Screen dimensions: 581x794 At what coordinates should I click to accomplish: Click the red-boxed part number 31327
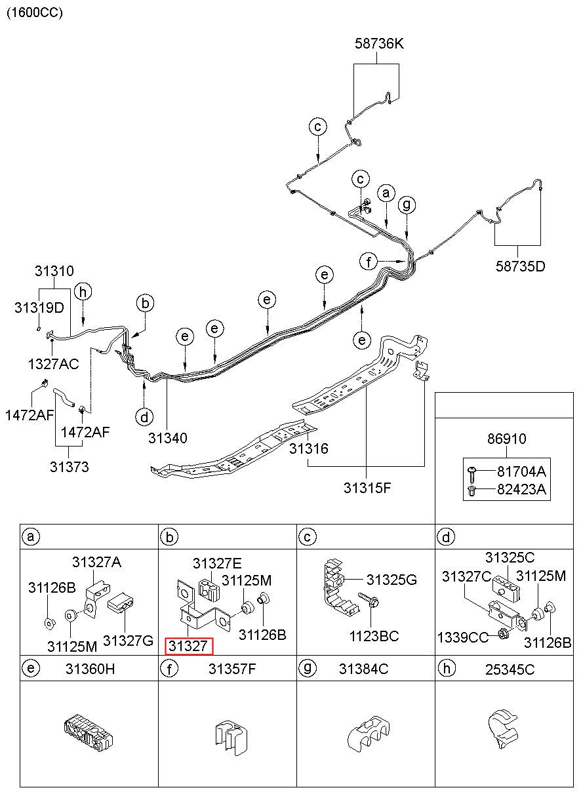188,646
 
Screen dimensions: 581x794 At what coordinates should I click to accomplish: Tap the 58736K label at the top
379,43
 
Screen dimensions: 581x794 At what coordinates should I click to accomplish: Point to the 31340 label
167,438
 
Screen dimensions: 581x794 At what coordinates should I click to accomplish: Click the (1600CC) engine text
35,12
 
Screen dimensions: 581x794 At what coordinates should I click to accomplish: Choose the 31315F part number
367,488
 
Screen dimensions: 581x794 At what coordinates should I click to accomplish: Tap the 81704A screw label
521,471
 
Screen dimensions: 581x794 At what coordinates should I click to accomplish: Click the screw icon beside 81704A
472,474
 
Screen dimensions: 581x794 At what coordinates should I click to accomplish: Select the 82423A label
521,489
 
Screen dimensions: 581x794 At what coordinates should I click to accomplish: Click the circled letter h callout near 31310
83,292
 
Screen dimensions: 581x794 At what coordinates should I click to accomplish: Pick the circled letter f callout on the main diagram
369,262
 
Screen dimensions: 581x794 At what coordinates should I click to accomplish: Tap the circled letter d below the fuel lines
144,417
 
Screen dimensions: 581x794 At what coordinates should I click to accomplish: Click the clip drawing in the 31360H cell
89,734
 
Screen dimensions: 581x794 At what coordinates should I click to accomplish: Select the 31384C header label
363,669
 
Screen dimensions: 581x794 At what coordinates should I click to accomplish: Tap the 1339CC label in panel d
462,637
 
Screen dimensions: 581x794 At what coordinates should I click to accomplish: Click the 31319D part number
39,308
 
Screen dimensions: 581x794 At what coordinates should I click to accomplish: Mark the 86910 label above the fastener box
506,439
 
